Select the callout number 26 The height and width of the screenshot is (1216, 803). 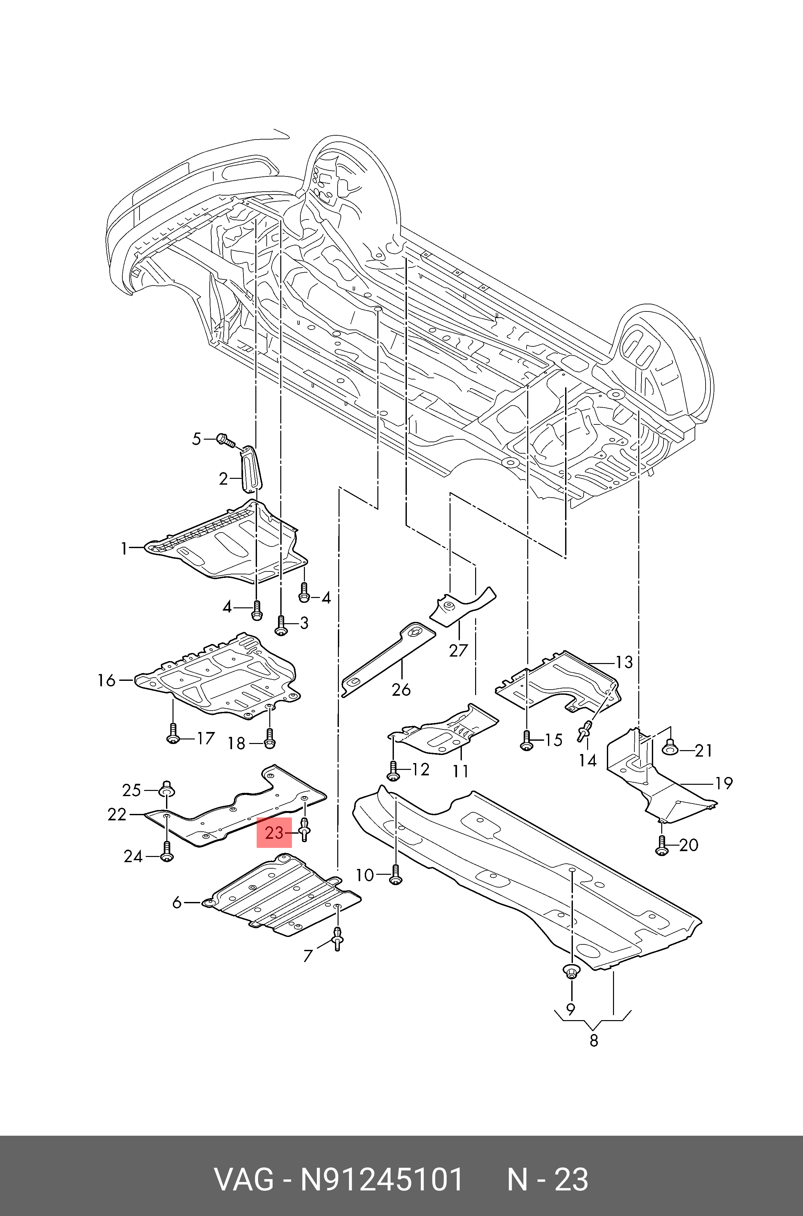(401, 690)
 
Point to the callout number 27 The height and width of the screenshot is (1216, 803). (458, 650)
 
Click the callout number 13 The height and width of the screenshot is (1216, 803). (624, 662)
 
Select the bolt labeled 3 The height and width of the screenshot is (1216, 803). (281, 625)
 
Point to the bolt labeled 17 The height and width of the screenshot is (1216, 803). (173, 734)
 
